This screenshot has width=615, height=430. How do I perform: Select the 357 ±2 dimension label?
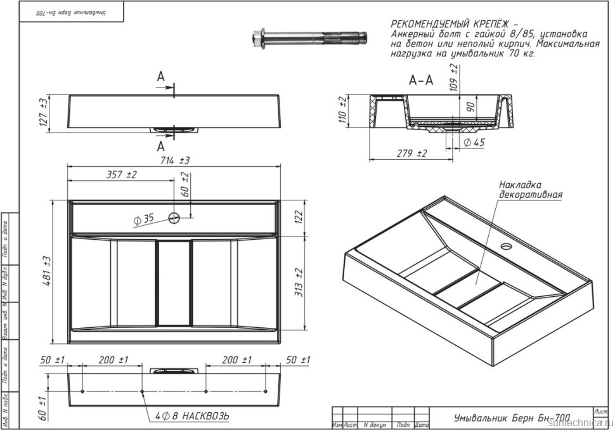click(122, 174)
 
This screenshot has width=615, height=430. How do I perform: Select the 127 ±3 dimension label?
click(44, 112)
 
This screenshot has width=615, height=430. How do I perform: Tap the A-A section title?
click(421, 81)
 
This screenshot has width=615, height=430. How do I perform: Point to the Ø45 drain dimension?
click(473, 143)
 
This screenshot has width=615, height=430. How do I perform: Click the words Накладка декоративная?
click(530, 189)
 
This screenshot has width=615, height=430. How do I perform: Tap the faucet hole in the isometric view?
click(506, 245)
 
